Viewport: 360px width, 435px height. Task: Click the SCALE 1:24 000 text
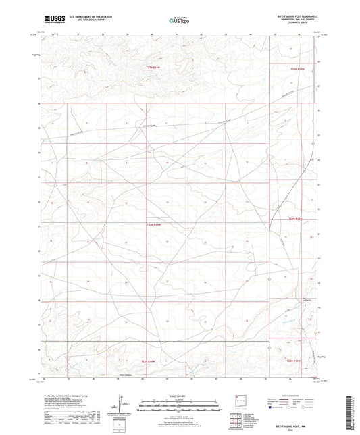point(180,395)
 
